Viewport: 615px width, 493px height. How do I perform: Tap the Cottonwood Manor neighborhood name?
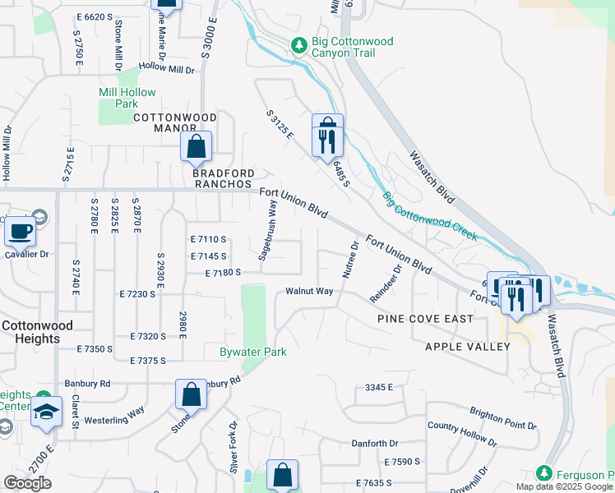tap(176, 118)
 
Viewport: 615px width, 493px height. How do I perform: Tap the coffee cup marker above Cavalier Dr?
tap(21, 231)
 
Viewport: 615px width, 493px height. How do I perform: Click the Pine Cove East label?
tap(425, 318)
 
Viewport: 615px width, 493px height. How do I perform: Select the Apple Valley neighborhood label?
tap(468, 346)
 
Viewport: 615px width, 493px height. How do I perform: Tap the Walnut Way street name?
tap(309, 291)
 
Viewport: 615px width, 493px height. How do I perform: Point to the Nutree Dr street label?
tap(349, 260)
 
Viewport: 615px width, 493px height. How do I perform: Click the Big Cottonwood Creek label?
tap(429, 215)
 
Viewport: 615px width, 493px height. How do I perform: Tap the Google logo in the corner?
tap(27, 483)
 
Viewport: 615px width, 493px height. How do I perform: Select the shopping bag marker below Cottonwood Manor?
tap(197, 147)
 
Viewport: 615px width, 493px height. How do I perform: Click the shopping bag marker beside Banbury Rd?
tap(191, 394)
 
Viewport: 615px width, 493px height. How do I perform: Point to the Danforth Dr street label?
tap(375, 444)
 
